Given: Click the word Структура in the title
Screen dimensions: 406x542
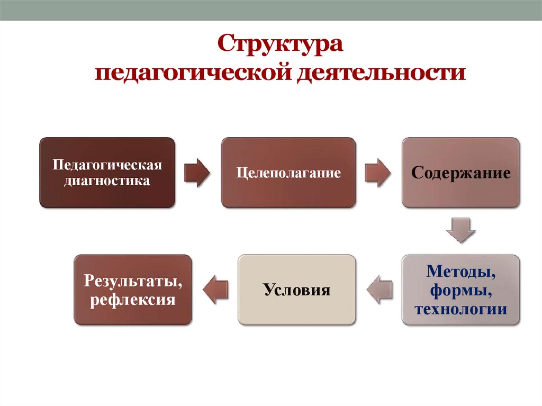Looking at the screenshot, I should tap(281, 44).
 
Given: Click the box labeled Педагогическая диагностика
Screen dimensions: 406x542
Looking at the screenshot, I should tap(107, 173).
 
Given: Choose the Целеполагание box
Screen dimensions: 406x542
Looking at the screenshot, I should tap(288, 173).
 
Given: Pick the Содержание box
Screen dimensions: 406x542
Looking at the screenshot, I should tap(460, 173).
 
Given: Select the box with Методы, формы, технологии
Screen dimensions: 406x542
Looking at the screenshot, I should tap(460, 290).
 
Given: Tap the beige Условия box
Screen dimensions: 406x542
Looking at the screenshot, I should tap(296, 290).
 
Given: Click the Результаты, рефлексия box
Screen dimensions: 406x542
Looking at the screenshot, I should tap(132, 290).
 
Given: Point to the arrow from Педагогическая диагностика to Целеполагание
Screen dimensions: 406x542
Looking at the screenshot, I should tap(197, 173).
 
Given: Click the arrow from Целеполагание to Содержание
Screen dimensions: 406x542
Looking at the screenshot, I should tap(378, 173).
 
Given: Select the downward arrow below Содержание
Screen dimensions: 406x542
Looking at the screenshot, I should tap(460, 230).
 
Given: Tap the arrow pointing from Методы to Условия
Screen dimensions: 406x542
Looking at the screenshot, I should tap(379, 290).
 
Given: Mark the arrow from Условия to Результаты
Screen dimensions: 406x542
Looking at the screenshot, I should tap(216, 290).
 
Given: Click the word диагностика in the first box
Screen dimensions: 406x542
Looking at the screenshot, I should tap(106, 181).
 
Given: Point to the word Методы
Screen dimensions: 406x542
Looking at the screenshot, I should tap(461, 273).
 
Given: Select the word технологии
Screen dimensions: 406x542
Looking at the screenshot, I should tap(461, 309).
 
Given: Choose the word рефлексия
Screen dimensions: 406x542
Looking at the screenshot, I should tap(132, 300).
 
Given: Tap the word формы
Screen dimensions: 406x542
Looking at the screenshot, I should tap(461, 291).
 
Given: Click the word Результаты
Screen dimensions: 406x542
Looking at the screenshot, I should tap(132, 281).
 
